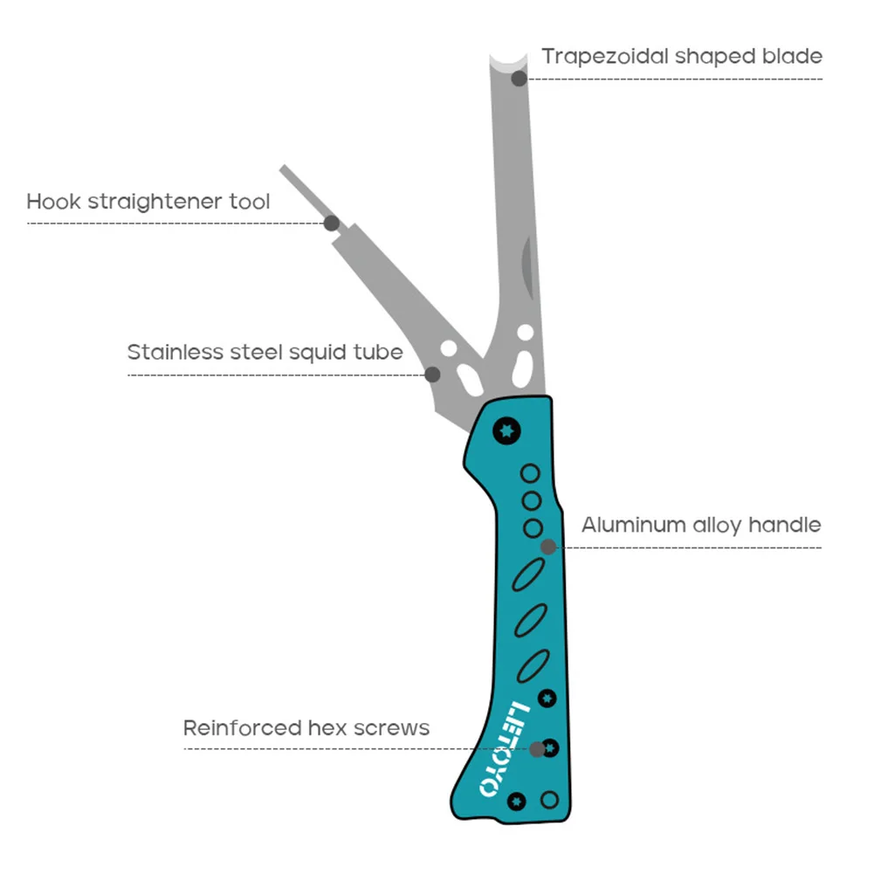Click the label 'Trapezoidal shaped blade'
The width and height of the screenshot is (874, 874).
point(681,57)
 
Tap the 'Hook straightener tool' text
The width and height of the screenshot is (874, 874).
point(148,202)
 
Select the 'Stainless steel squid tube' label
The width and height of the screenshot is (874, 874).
point(265,353)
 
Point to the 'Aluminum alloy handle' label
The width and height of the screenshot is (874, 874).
point(701,525)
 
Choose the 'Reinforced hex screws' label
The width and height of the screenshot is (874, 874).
point(306,727)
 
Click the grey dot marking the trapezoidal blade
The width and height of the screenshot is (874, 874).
point(519,79)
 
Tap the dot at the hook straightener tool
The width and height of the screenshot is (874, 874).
point(332,223)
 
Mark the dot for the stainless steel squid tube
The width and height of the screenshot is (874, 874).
point(432,375)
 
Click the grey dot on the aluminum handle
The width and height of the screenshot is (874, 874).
point(548,547)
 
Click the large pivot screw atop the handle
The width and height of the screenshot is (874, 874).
point(506,430)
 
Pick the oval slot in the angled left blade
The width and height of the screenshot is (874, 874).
point(467,380)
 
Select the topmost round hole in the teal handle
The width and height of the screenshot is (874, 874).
point(530,474)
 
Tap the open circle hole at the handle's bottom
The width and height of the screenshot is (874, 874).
point(549,799)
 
